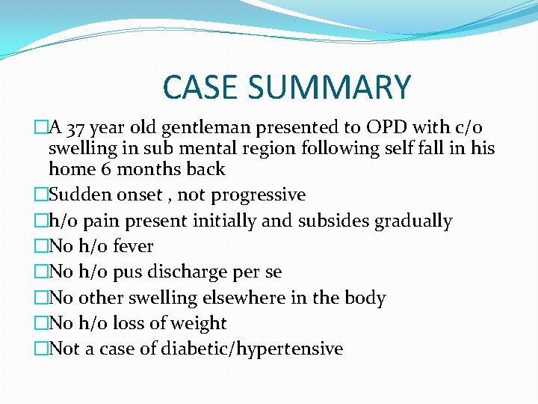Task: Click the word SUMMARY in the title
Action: [x=329, y=88]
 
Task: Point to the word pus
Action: [x=124, y=272]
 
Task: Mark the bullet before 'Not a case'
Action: [x=40, y=349]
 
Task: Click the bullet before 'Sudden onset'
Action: [x=40, y=195]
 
